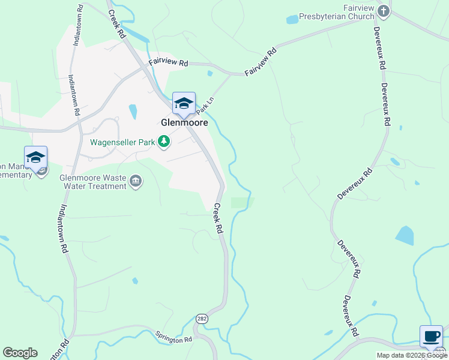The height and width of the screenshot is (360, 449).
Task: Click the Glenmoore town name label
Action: [x=184, y=122]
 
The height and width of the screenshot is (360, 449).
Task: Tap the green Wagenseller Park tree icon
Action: [x=163, y=142]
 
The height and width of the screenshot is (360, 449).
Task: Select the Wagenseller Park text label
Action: [x=122, y=143]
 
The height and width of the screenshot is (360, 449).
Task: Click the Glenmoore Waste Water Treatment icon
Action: [x=136, y=182]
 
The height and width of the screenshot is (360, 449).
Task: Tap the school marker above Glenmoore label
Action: [x=184, y=103]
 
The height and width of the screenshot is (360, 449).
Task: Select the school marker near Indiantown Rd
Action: [x=35, y=157]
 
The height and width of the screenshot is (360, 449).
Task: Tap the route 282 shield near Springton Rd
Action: [x=202, y=319]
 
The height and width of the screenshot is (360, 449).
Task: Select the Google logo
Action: [x=20, y=353]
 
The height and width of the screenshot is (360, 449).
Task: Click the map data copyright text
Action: [x=412, y=355]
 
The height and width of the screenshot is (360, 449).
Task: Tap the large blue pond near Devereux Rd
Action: [x=405, y=235]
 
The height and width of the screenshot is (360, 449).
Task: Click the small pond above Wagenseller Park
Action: [x=133, y=112]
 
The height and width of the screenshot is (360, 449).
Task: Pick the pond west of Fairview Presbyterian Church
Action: [x=292, y=20]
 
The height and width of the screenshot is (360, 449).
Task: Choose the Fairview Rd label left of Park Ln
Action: [x=168, y=62]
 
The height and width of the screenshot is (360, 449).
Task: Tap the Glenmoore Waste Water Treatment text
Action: [x=93, y=182]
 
